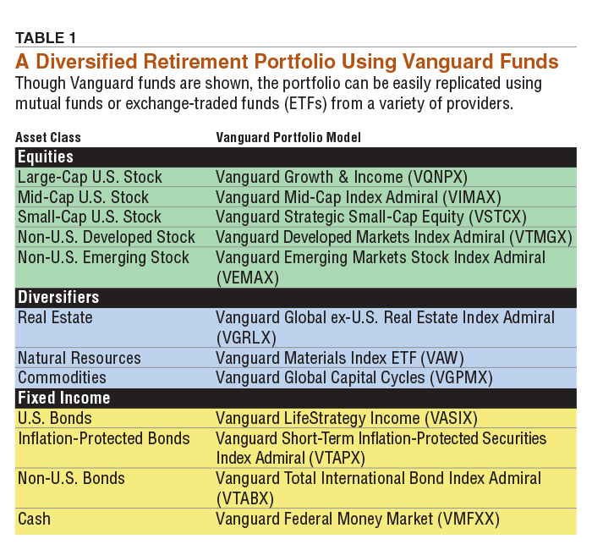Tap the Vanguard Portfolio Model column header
[x=288, y=137]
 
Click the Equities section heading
[x=46, y=157]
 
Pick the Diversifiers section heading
[x=58, y=298]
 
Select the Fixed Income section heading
[x=64, y=398]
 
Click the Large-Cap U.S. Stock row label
[x=90, y=177]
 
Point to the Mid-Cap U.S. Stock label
[x=83, y=197]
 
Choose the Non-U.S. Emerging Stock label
[x=103, y=257]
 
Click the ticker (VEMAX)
[x=247, y=277]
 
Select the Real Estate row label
[x=55, y=317]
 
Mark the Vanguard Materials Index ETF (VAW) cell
[x=339, y=358]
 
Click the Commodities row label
[x=62, y=377]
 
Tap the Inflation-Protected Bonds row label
[x=103, y=438]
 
